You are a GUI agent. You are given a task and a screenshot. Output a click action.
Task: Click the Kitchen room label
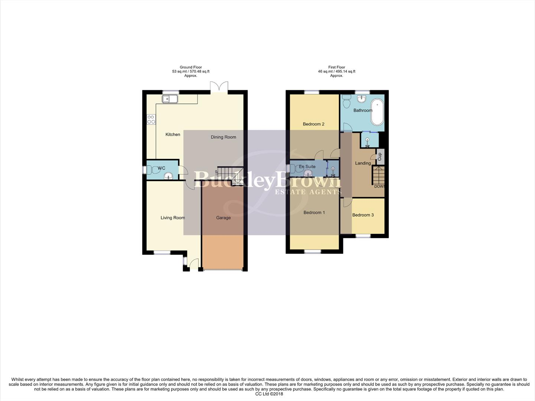point(173,134)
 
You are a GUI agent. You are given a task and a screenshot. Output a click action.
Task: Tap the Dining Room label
point(223,137)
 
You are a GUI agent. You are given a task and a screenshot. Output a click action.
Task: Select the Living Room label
point(173,218)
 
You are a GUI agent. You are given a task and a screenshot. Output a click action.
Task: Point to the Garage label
point(223,218)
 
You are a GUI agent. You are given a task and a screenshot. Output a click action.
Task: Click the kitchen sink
point(170,99)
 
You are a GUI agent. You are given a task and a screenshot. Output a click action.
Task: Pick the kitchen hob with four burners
point(151,120)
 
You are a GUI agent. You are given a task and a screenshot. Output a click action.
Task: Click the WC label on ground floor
point(161,168)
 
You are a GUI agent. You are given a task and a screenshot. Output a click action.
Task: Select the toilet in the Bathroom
point(347,101)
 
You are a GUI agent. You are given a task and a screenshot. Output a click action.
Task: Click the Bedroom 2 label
point(313,124)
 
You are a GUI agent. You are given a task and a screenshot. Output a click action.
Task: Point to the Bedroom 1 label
point(314,212)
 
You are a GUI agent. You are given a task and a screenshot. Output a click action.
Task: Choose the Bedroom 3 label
point(363,215)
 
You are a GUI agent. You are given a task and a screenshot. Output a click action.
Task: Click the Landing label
point(363,163)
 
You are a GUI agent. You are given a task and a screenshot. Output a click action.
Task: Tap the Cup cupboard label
point(379,157)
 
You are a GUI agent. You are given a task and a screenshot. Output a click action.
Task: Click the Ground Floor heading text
point(191,67)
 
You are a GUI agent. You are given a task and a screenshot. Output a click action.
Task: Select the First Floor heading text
point(336,67)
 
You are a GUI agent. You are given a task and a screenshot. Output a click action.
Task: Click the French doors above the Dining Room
point(219,88)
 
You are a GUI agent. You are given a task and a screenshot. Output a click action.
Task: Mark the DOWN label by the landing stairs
point(379,186)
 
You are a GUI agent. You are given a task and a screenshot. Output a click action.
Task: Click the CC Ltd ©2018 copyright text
point(269,394)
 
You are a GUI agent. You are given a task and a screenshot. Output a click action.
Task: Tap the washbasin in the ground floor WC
point(169,176)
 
